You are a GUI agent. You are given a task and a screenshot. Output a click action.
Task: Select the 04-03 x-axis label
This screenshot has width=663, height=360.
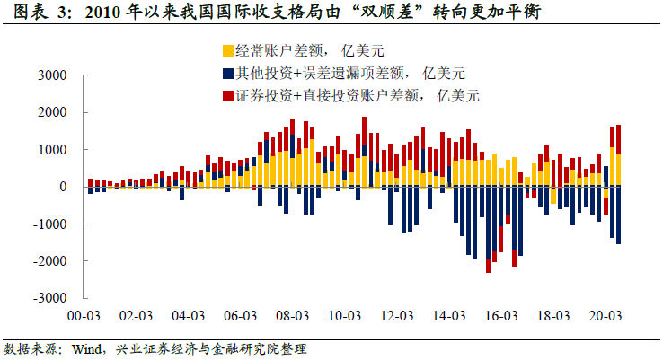point(186,316)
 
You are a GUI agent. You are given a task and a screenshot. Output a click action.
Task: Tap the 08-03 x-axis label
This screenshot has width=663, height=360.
point(292,316)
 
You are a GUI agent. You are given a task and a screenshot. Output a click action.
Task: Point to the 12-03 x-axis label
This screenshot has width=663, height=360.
point(397,316)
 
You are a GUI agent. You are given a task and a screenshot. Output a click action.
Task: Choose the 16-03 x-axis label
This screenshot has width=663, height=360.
point(502,316)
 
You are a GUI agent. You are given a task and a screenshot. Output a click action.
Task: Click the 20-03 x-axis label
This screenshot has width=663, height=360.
point(607,316)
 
